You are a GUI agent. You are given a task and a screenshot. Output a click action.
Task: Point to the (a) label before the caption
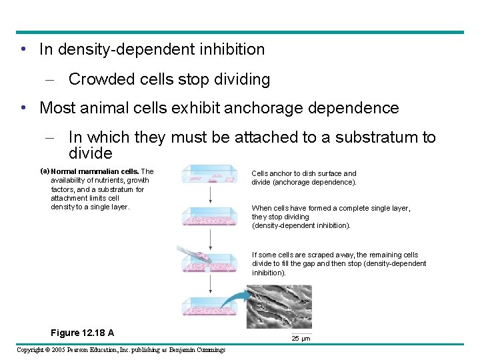(45, 171)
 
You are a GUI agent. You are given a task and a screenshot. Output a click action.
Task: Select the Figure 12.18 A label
(82, 333)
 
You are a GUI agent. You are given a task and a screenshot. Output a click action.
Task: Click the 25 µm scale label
(301, 339)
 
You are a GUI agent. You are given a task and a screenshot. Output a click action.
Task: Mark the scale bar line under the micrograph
(301, 333)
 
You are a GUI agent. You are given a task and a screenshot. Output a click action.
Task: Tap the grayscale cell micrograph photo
(279, 307)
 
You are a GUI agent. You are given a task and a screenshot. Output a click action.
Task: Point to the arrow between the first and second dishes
(211, 195)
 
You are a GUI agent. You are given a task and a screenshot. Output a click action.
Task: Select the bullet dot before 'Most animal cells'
(24, 108)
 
